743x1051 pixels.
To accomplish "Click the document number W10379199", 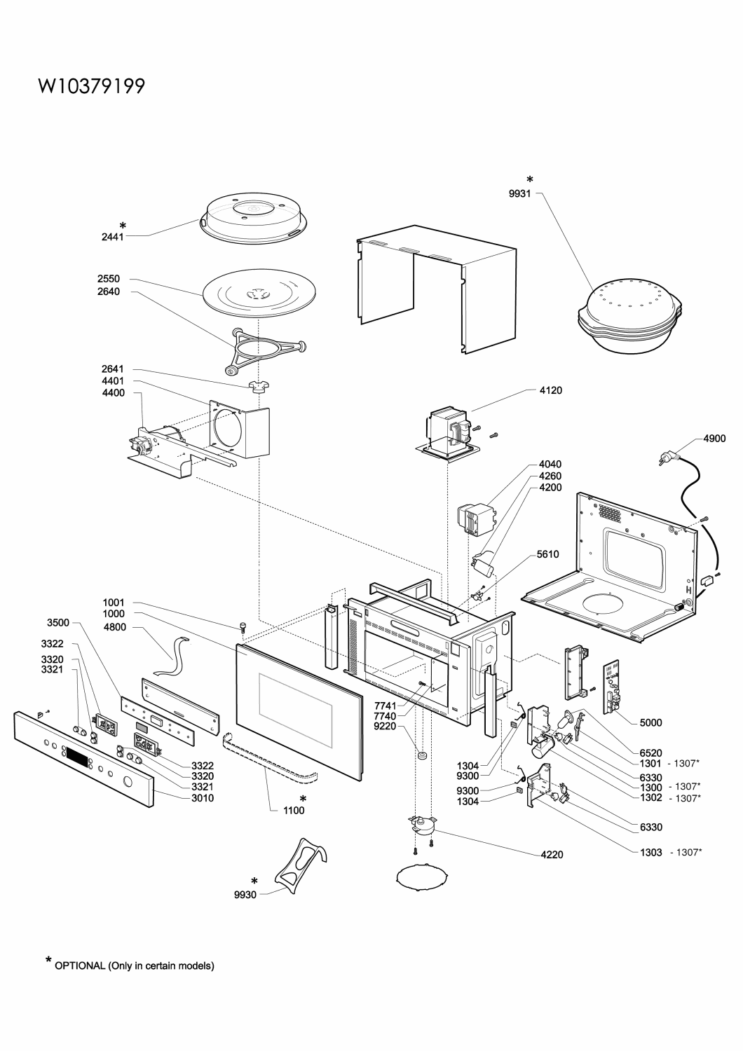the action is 92,86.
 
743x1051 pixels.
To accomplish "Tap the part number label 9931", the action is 519,193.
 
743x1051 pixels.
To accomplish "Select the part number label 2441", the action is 113,237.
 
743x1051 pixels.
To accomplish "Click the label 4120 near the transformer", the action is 550,390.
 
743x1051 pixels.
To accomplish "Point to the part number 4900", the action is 714,439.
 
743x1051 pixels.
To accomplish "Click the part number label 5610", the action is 547,555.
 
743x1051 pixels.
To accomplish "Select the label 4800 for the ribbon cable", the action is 114,627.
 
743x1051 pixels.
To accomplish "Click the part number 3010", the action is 203,798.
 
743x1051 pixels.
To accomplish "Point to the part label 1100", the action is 294,810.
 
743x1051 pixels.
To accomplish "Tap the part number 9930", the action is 245,895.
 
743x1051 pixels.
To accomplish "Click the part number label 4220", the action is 552,855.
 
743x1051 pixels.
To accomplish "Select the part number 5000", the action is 650,722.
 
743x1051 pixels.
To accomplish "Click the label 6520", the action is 650,753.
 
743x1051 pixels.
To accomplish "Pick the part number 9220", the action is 385,727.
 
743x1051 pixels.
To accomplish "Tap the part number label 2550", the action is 109,279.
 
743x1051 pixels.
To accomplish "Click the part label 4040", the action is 550,465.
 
